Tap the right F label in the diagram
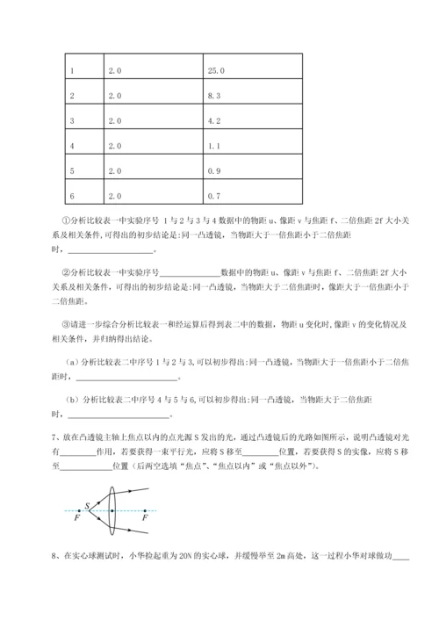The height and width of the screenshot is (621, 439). (x=144, y=520)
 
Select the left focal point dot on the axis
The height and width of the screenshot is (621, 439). (x=77, y=511)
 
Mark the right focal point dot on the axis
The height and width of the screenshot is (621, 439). (x=143, y=511)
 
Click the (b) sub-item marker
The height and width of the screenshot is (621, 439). (x=71, y=400)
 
